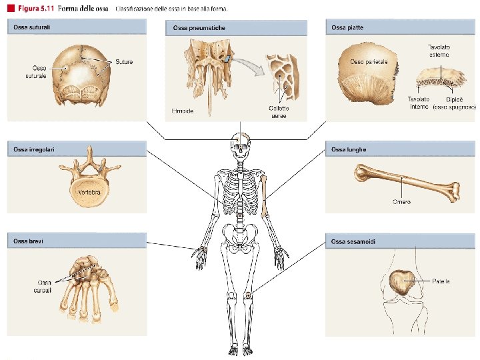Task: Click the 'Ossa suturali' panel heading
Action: tap(30, 27)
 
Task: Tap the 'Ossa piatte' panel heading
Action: tap(347, 27)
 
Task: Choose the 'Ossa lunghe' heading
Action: tap(349, 149)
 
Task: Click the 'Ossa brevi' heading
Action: tap(26, 240)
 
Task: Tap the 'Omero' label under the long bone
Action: tap(401, 201)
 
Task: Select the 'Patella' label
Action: tap(441, 281)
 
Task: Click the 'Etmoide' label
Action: tap(182, 111)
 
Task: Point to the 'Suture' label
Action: tap(124, 62)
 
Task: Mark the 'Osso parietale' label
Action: tap(369, 61)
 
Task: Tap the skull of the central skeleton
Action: tap(239, 143)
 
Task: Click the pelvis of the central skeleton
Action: tap(239, 235)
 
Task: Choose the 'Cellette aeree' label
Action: tap(279, 111)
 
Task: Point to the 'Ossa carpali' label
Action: tap(45, 286)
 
